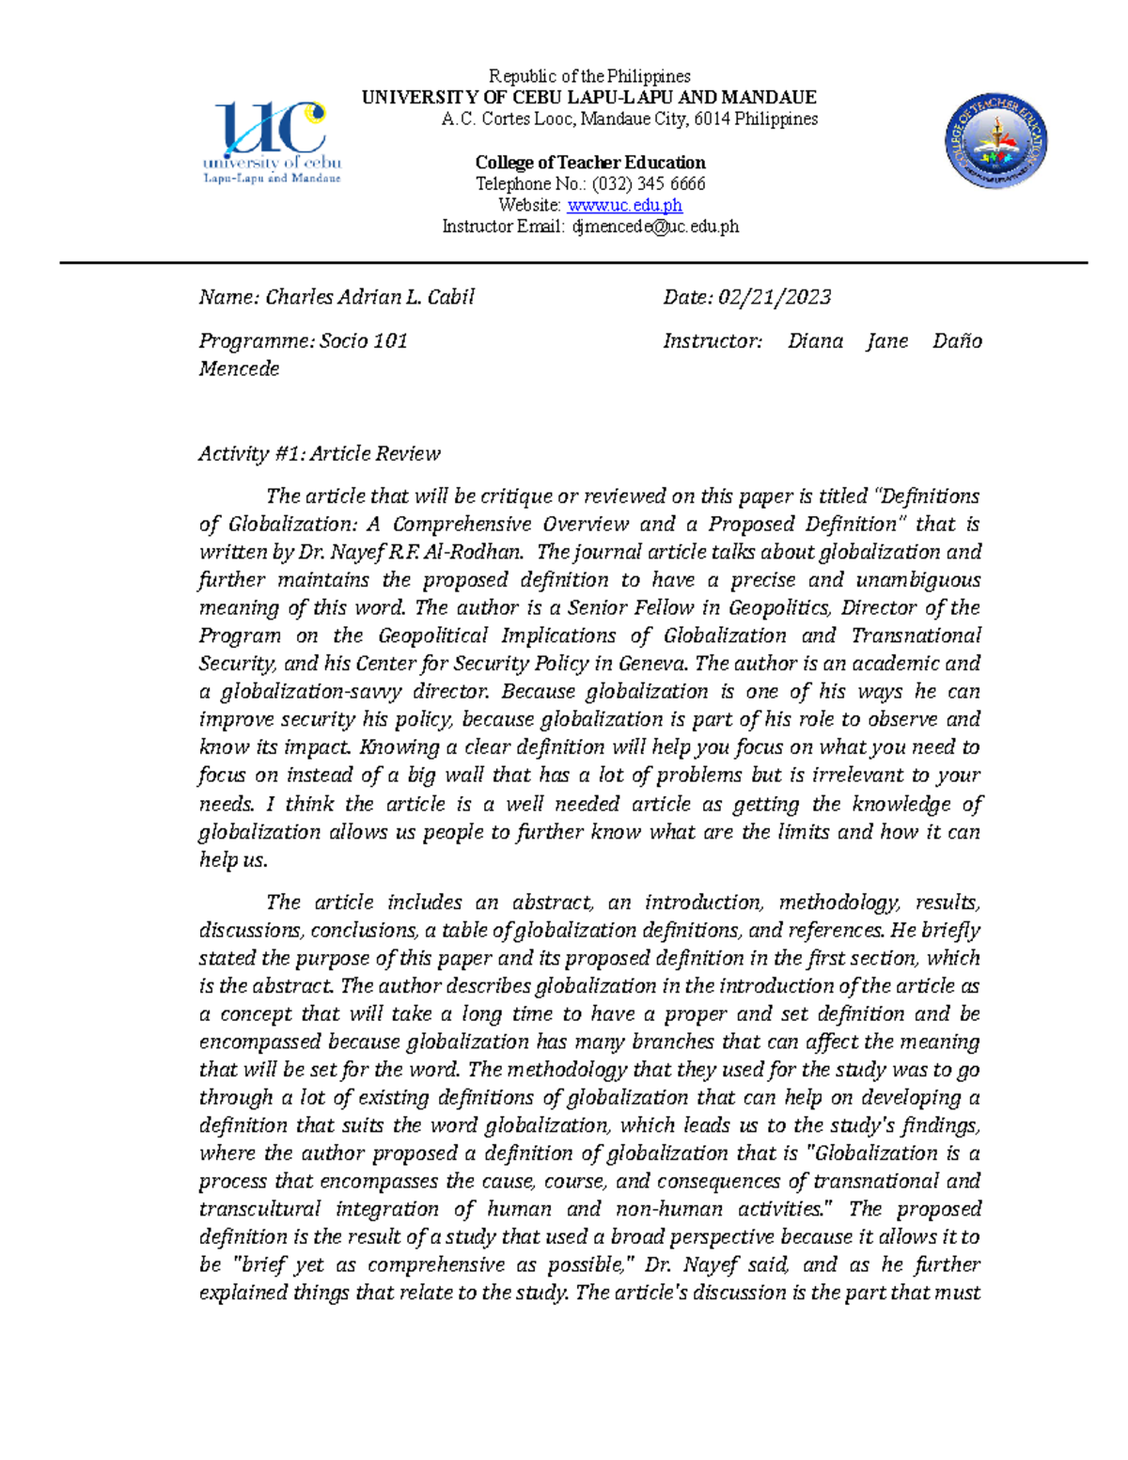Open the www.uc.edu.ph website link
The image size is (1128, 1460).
(624, 205)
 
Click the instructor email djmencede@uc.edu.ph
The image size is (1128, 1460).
(655, 227)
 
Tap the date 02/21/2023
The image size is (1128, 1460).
(775, 297)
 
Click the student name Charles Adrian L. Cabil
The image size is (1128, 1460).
(369, 297)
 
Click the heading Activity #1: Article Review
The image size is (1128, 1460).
(320, 453)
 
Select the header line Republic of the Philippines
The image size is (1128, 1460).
(589, 76)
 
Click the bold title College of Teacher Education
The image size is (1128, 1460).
(589, 162)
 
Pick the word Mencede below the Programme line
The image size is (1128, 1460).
(239, 369)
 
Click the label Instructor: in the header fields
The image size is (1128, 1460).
(713, 340)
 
